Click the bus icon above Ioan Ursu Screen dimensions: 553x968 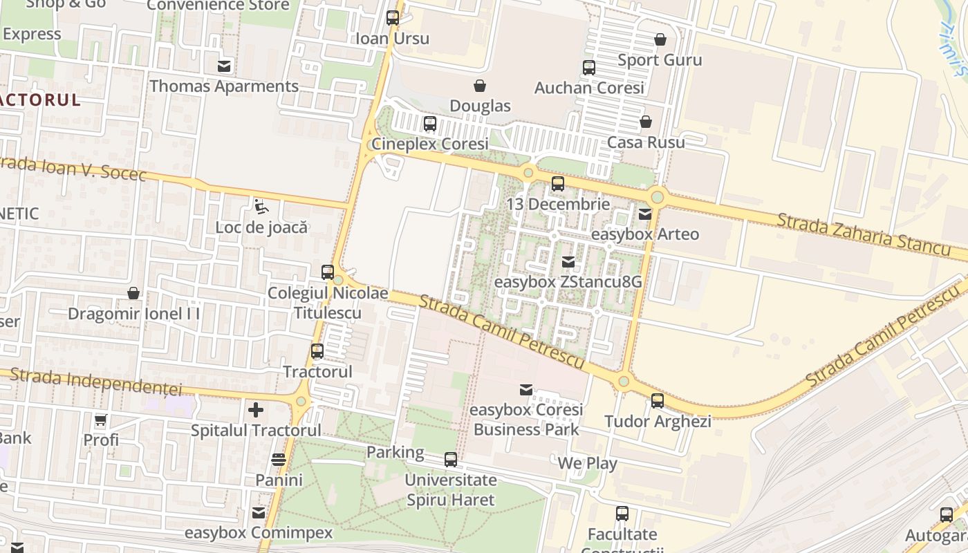coord(393,18)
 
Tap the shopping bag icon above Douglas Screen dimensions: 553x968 coord(479,86)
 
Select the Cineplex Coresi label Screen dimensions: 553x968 coord(430,144)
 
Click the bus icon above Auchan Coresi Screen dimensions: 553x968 coord(589,68)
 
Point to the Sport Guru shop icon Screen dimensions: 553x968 coord(660,39)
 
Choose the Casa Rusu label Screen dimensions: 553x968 coord(646,142)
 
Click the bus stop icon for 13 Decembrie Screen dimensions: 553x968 coord(558,184)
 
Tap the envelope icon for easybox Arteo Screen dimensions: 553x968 coord(645,214)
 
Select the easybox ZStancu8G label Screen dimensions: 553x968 coord(568,282)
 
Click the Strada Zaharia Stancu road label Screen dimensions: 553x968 coord(864,234)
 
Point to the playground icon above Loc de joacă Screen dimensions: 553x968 coord(261,206)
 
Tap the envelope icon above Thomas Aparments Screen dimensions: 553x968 coord(224,66)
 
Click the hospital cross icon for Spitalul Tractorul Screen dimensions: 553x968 coord(256,410)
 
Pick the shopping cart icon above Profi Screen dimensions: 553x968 coord(101,420)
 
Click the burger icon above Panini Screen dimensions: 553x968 coord(279,460)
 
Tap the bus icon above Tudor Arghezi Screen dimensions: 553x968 coord(658,401)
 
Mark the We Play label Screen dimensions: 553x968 coord(587,463)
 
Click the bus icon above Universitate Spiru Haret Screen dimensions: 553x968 coord(451,460)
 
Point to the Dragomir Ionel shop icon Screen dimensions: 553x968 coord(133,293)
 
